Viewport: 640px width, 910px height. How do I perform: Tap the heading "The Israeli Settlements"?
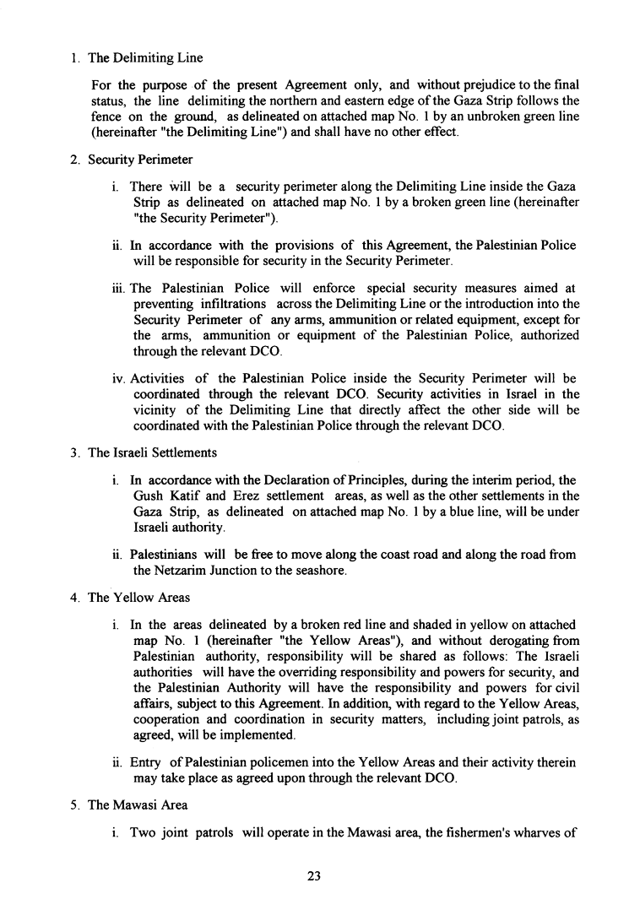click(x=152, y=452)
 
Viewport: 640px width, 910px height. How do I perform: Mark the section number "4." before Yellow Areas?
click(x=75, y=598)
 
